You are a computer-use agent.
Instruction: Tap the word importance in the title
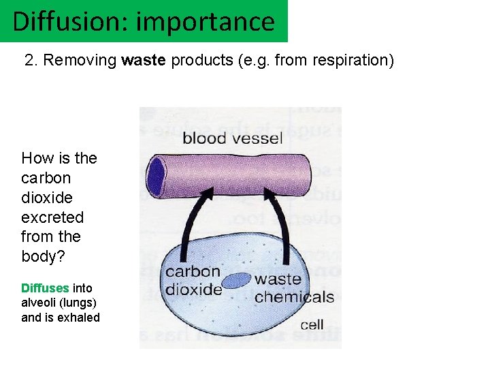(x=205, y=21)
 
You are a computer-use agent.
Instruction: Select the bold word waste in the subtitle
(x=144, y=60)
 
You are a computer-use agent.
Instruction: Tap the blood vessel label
(x=232, y=138)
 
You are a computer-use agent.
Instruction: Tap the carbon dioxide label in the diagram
(x=194, y=280)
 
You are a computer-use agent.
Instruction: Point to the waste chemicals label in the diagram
(x=293, y=288)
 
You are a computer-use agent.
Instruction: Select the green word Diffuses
(x=45, y=288)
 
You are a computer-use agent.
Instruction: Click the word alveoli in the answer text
(x=39, y=303)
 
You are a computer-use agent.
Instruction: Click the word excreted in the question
(x=52, y=217)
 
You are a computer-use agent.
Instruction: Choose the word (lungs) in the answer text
(x=78, y=303)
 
